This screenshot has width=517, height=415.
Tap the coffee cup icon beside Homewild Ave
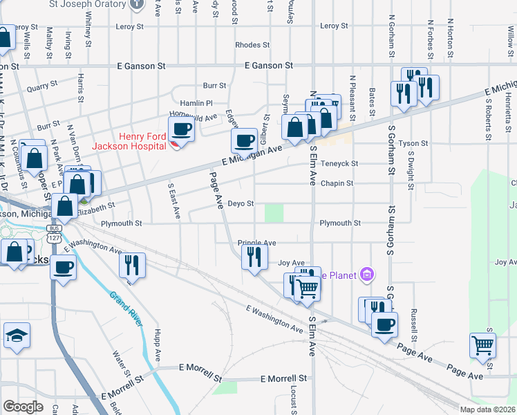point(182,129)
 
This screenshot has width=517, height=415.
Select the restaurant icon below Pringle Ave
point(254,257)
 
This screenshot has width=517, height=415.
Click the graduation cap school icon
point(17,337)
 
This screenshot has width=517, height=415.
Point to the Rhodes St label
point(252,45)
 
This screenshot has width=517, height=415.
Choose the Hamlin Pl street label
point(199,102)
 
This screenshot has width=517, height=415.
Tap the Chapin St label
point(337,183)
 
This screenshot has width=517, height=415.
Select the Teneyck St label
point(341,164)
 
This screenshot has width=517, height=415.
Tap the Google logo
point(23,407)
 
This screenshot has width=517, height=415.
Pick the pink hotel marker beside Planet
point(367,275)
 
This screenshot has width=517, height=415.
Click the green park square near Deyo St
point(275,212)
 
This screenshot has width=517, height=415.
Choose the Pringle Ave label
point(257,243)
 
